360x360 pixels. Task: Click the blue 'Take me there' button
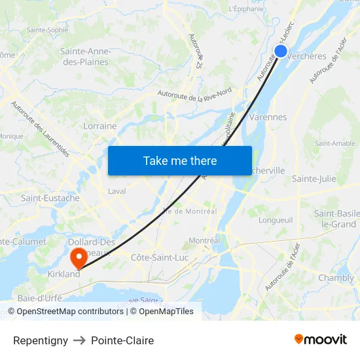179,160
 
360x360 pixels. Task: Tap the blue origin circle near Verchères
281,51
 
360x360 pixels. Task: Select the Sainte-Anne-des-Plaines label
85,56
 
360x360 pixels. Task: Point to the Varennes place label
268,117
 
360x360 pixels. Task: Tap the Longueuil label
275,220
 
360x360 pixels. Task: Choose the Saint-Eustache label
50,198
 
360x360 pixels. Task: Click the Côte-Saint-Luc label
160,257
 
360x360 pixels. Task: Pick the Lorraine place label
100,126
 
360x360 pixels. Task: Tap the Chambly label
336,278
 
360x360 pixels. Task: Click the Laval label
117,192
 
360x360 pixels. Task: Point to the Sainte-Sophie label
47,30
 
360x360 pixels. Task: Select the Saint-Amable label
334,143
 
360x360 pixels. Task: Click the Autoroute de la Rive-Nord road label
194,95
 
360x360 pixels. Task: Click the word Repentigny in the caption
41,340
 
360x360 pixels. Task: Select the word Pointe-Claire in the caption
122,340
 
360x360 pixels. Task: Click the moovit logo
321,339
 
